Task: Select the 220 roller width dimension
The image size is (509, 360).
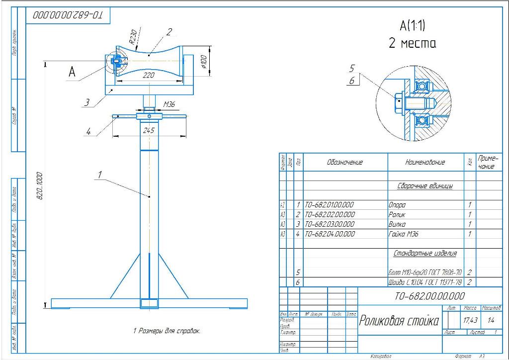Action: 149,76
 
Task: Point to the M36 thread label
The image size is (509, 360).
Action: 170,105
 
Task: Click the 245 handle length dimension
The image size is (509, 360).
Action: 149,130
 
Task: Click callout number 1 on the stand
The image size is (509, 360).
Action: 99,175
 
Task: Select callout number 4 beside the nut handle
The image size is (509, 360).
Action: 88,132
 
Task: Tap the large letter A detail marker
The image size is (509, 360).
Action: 72,73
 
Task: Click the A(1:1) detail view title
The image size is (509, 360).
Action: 412,26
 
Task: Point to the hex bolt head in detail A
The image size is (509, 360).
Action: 399,100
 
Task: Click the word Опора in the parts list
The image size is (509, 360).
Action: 397,205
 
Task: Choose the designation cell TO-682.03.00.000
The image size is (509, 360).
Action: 330,224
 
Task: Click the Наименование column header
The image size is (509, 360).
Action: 425,162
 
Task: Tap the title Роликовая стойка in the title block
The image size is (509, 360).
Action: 399,321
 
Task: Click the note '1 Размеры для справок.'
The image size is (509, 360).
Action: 167,331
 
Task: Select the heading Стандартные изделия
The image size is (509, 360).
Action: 425,254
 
